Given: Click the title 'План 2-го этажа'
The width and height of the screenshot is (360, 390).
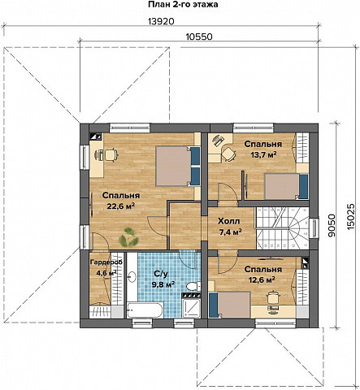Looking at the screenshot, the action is [183, 5].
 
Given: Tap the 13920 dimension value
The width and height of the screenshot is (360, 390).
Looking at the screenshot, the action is [161, 21].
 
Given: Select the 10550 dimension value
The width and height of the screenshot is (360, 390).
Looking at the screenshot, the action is [199, 37].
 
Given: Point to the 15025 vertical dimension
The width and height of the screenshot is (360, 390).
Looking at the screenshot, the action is [350, 217].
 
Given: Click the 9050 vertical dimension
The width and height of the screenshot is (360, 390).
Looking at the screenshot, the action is [331, 225].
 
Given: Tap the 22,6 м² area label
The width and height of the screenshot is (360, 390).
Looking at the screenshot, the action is [121, 206].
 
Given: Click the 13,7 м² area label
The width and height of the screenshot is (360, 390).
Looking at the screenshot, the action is [262, 155].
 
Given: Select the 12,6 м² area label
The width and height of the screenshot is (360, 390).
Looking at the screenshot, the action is [262, 279].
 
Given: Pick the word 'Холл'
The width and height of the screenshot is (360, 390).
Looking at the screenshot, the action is [229, 221].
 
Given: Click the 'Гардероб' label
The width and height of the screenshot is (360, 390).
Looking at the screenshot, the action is [106, 262].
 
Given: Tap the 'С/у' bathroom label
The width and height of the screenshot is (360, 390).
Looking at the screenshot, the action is [161, 274].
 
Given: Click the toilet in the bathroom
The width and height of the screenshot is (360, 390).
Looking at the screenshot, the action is [193, 286].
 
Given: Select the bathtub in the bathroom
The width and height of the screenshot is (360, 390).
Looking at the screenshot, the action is [145, 310].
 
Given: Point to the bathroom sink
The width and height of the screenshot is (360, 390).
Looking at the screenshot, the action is [132, 276].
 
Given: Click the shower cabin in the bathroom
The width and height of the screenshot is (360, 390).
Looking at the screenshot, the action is [192, 308].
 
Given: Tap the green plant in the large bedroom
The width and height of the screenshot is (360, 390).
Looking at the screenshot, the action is [129, 237].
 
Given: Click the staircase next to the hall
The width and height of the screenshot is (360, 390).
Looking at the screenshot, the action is [283, 228].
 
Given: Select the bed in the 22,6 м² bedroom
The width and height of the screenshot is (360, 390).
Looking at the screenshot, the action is [177, 166].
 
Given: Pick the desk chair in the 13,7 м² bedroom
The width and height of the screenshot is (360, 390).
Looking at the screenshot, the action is [229, 154].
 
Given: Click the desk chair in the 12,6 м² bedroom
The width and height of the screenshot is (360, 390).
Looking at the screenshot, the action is [273, 297].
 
